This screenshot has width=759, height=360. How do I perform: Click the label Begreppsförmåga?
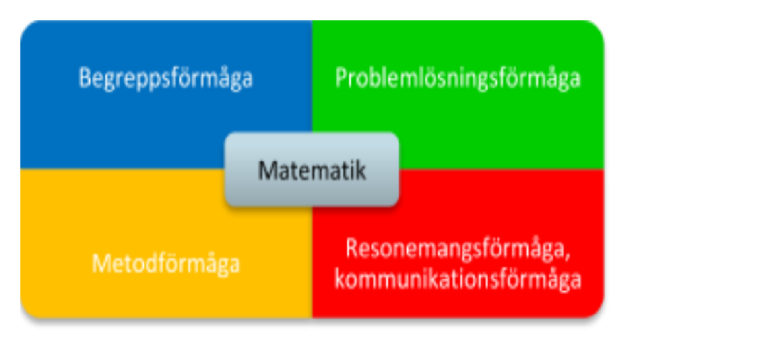166,79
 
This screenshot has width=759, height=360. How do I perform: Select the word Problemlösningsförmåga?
458,78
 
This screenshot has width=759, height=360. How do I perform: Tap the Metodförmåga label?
166,264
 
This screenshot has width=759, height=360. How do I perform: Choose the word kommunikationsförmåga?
458,280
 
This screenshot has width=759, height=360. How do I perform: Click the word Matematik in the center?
312,171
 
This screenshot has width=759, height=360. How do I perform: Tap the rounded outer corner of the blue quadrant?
26,26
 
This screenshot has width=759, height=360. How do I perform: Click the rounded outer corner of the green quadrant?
598,26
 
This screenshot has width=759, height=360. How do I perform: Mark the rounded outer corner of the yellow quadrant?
26,312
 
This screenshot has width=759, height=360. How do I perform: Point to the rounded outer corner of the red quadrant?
598,312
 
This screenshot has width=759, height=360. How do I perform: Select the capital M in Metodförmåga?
101,264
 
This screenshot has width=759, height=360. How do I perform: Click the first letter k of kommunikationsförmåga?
340,280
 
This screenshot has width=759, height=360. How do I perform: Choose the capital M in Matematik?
268,171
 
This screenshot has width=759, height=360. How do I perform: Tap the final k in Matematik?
361,171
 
